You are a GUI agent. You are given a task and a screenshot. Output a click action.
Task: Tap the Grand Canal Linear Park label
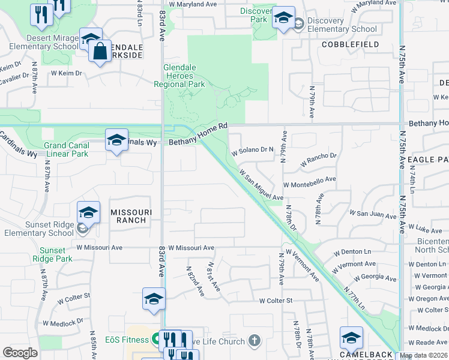click(66, 149)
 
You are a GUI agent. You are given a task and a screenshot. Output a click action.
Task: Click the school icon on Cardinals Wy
click(116, 140)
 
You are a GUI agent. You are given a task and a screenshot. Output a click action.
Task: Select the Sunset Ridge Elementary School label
click(37, 229)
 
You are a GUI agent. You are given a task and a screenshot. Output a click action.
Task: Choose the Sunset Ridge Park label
click(55, 254)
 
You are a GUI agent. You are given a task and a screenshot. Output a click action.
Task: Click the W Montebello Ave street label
click(309, 179)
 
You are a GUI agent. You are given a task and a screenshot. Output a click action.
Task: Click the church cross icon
click(254, 341)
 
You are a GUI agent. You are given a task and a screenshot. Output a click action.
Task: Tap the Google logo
click(20, 353)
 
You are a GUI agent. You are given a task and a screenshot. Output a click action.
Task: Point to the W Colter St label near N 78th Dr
click(276, 301)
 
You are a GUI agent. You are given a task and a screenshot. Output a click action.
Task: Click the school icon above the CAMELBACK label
click(351, 338)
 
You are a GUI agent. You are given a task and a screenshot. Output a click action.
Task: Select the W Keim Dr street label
click(66, 73)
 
